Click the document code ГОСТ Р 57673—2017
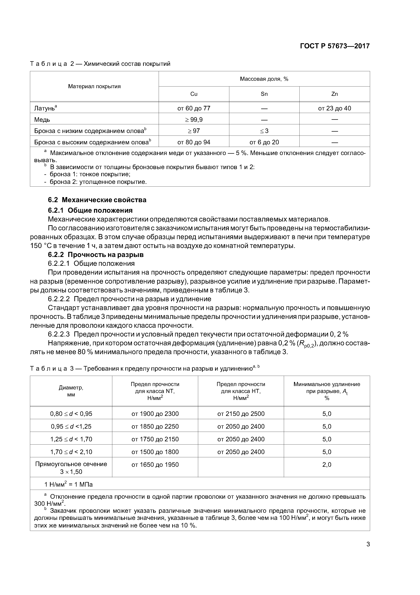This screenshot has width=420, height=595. point(335,46)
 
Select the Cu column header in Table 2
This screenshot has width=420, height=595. point(194,94)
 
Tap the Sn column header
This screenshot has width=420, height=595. point(264,94)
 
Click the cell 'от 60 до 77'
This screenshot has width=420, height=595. point(194,108)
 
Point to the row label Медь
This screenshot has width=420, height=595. point(42,120)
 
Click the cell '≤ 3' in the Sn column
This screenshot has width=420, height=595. point(264,131)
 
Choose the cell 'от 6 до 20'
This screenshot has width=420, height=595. point(264,142)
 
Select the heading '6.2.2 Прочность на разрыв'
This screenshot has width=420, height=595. point(96,255)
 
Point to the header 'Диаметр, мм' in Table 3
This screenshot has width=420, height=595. point(71,391)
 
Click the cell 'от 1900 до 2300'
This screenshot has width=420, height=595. point(155,414)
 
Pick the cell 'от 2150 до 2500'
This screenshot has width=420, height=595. point(241,414)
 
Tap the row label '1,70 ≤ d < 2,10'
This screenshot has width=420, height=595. point(71,452)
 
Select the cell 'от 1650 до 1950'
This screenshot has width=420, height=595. point(155,465)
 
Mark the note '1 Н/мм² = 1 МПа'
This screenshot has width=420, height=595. point(69,484)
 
